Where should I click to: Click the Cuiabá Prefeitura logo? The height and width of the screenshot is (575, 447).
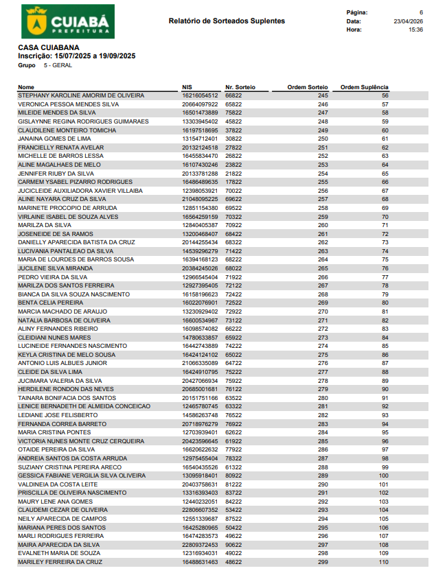click(68, 21)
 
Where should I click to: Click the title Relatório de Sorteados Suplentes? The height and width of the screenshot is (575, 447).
click(227, 21)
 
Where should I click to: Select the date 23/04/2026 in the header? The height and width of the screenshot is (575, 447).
click(408, 21)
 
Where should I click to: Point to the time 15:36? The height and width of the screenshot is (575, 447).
click(415, 30)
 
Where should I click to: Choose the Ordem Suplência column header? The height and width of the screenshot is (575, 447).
click(365, 87)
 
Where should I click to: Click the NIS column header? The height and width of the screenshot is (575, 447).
click(187, 87)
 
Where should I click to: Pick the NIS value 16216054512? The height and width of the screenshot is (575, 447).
click(200, 95)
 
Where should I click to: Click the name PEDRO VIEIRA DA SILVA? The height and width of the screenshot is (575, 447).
click(52, 277)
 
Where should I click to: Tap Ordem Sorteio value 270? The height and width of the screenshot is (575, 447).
click(323, 312)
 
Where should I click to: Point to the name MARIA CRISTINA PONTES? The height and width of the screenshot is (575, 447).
click(54, 432)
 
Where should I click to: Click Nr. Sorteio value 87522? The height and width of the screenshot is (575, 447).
click(233, 519)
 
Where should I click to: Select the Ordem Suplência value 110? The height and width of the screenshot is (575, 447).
click(383, 562)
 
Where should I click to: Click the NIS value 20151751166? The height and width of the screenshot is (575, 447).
click(200, 398)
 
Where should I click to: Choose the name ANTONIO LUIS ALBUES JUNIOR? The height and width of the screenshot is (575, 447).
click(62, 363)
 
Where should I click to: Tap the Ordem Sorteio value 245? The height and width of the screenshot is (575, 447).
click(323, 95)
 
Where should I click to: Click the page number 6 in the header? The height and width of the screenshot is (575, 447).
click(421, 12)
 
